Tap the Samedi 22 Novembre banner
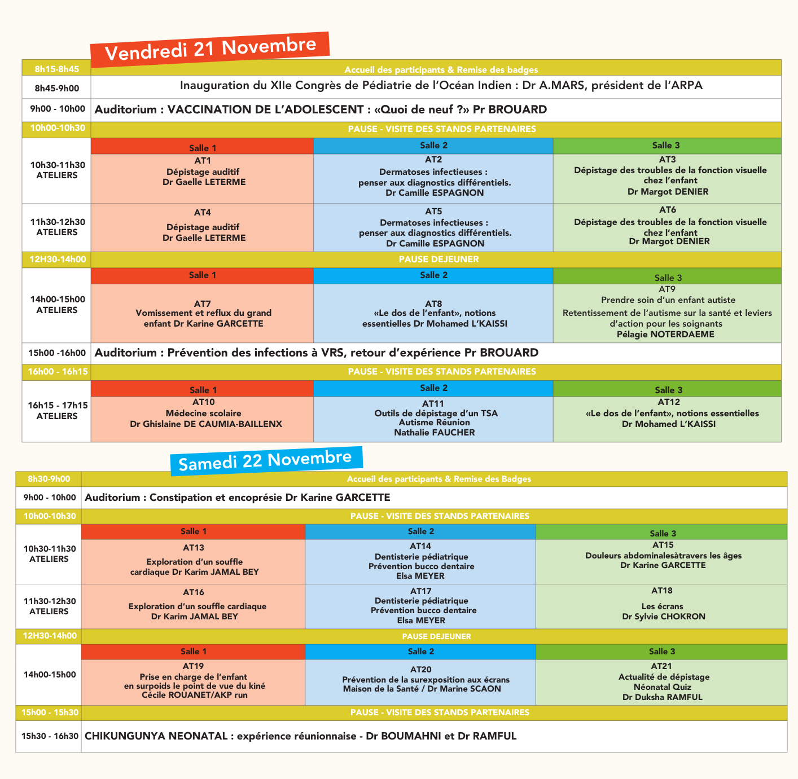click(x=265, y=460)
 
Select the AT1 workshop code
click(x=203, y=161)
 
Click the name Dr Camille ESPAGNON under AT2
click(x=435, y=193)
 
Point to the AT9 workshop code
click(x=667, y=289)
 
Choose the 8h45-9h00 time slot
click(x=57, y=88)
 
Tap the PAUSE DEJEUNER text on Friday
click(x=439, y=259)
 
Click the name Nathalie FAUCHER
click(x=435, y=433)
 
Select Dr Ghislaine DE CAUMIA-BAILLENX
click(x=206, y=424)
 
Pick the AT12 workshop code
click(x=669, y=402)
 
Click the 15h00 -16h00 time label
click(x=57, y=353)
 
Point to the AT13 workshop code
click(x=194, y=548)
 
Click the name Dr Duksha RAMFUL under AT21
click(x=663, y=697)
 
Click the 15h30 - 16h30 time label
click(x=50, y=736)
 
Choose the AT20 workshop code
click(x=421, y=670)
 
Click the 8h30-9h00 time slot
click(x=49, y=479)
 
